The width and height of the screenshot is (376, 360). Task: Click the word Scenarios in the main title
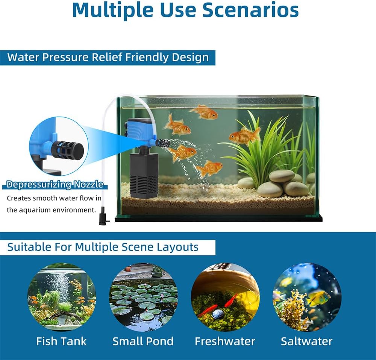(x=250, y=10)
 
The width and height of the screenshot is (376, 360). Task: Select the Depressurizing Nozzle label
(x=55, y=184)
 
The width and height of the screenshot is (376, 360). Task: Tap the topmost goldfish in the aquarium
(x=204, y=112)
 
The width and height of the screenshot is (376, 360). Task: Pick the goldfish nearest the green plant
(x=244, y=136)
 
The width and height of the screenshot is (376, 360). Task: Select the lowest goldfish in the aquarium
(x=209, y=168)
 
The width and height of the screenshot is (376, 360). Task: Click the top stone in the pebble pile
(x=282, y=176)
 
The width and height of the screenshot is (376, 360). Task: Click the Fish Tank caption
(x=61, y=341)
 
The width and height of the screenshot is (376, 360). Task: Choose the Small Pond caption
(x=143, y=341)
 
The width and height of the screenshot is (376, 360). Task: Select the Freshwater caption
(x=225, y=341)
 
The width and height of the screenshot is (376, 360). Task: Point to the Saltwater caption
(x=307, y=341)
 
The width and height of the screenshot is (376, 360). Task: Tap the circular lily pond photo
(x=143, y=297)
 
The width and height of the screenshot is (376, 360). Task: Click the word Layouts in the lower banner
(x=178, y=247)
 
